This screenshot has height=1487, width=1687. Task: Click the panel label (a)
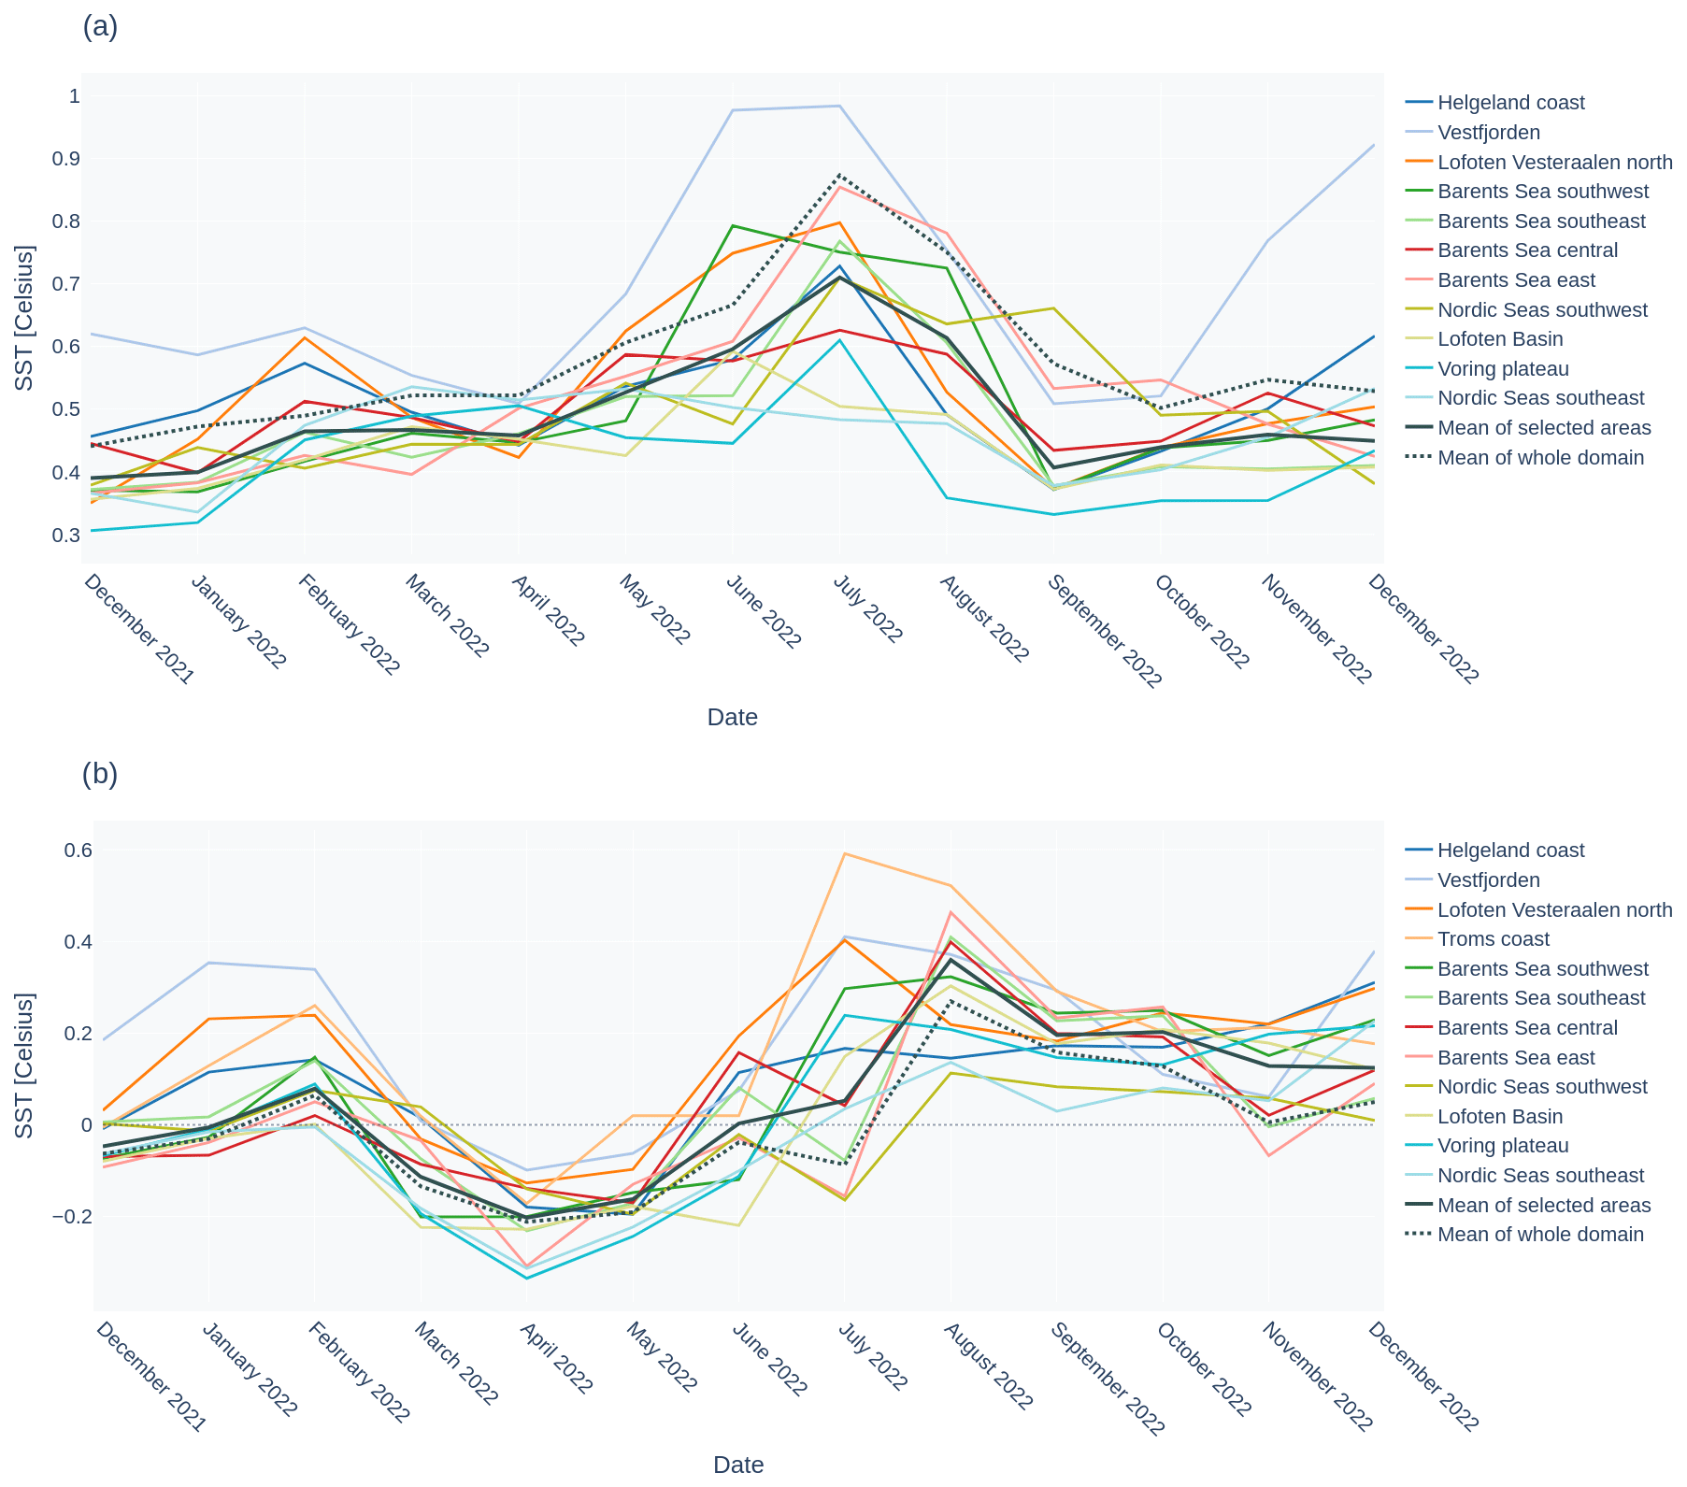pyautogui.click(x=100, y=27)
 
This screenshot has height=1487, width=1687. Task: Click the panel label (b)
pyautogui.click(x=100, y=775)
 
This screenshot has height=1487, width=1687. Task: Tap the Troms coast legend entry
pyautogui.click(x=1493, y=939)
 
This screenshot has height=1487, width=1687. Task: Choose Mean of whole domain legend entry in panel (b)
pyautogui.click(x=1539, y=1235)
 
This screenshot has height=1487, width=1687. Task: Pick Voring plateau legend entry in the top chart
pyautogui.click(x=1503, y=369)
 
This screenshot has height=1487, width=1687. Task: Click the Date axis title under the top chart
pyautogui.click(x=732, y=718)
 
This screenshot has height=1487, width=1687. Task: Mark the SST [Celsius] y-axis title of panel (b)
pyautogui.click(x=25, y=1065)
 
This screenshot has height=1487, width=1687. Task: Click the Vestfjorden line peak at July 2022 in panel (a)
pyautogui.click(x=840, y=106)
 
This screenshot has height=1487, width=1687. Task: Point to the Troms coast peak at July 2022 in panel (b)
pyautogui.click(x=845, y=853)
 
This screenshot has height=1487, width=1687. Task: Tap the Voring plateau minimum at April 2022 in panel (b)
pyautogui.click(x=526, y=1279)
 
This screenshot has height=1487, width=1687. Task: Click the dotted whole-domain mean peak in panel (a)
pyautogui.click(x=840, y=175)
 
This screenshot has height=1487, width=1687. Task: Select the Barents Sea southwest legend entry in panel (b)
pyautogui.click(x=1542, y=969)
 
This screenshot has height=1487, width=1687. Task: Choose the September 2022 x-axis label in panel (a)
pyautogui.click(x=1104, y=632)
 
